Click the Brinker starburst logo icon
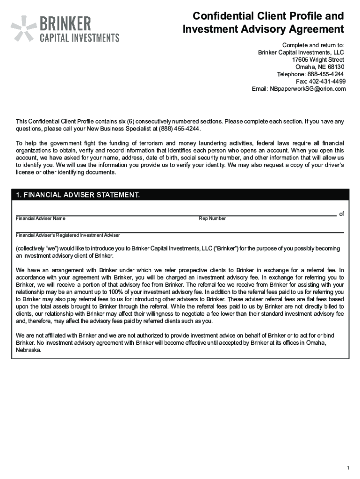coord(24,28)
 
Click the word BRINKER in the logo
coord(65,23)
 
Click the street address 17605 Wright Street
coord(318,60)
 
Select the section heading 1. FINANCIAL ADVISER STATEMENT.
coord(78,195)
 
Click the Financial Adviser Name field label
coord(41,218)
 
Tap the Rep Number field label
coord(212,218)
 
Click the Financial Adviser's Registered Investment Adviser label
coord(68,235)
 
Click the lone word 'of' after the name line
coord(342,214)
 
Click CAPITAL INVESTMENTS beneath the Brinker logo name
coord(79,37)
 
